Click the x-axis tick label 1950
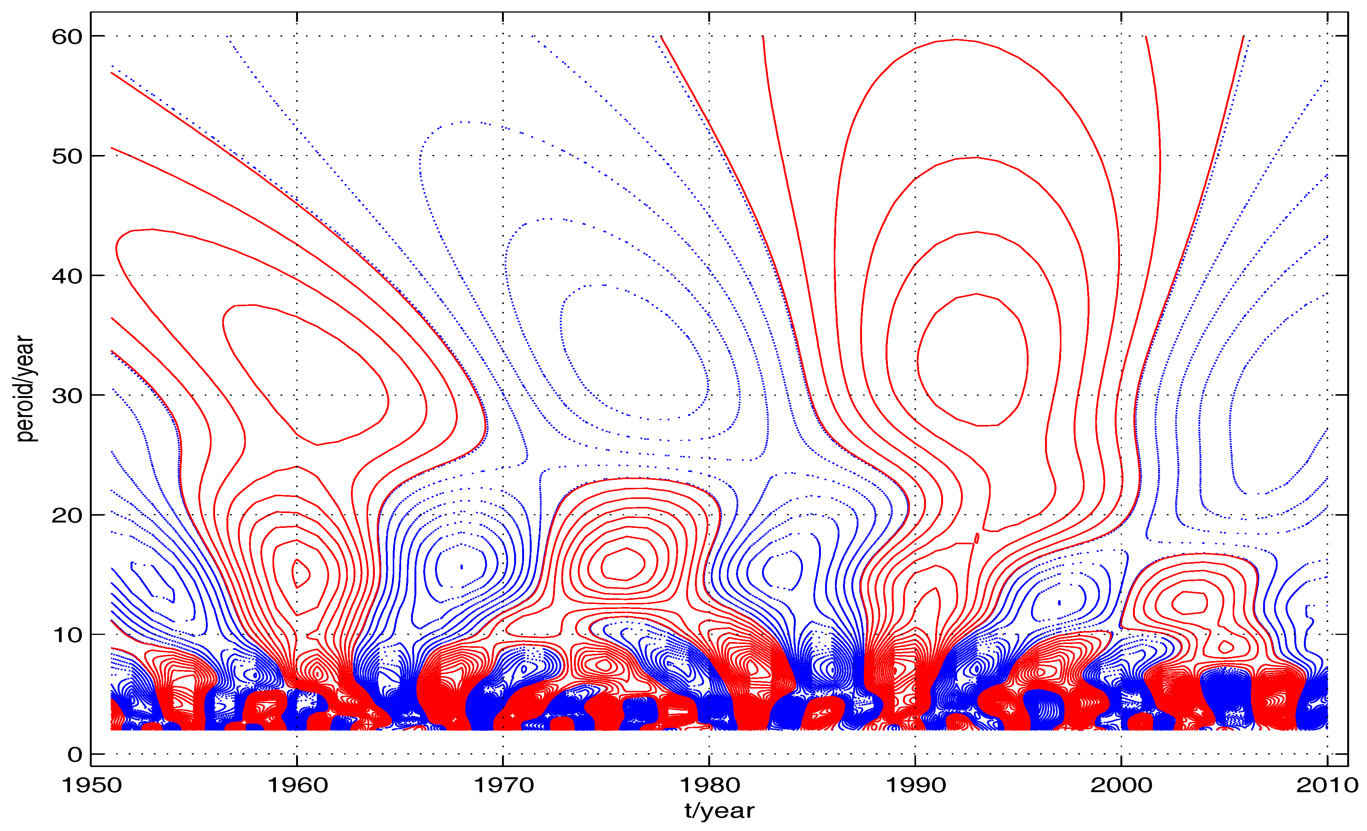92,785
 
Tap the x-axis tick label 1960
297,785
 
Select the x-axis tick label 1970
503,785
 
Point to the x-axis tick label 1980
710,785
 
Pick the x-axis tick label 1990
915,785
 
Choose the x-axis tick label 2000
1121,785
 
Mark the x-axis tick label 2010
1327,785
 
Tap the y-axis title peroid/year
25,388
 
